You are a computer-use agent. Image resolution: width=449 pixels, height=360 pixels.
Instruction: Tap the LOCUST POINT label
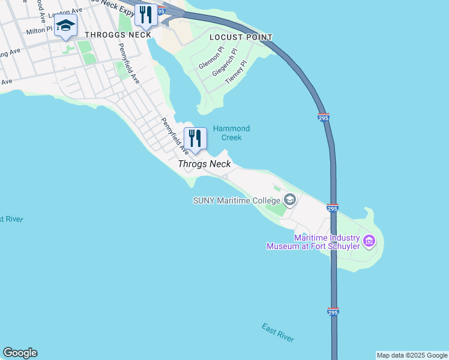241,37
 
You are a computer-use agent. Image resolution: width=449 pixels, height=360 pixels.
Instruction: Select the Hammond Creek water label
231,133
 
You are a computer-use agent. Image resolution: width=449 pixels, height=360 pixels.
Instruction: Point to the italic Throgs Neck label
204,164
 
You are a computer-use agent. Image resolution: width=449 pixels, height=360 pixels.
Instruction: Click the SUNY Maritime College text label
237,200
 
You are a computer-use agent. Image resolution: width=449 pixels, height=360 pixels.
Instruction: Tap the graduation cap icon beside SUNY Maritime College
290,200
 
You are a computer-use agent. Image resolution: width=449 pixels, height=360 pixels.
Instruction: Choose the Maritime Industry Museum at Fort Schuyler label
313,242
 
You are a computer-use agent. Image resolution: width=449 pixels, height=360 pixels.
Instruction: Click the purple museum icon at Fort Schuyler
369,242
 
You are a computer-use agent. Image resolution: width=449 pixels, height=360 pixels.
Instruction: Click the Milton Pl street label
40,29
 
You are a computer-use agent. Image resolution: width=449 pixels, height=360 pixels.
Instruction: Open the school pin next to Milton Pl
65,26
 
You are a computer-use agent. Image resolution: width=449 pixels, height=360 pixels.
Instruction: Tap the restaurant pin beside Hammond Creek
195,139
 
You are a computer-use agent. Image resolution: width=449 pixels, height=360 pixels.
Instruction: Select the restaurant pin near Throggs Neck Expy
145,15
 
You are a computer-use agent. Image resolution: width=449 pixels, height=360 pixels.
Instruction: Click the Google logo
20,353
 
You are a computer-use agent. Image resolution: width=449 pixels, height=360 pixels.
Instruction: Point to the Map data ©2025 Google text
412,355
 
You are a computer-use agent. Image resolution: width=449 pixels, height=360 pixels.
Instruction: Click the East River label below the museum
278,332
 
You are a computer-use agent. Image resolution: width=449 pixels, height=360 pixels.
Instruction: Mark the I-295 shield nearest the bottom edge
333,311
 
